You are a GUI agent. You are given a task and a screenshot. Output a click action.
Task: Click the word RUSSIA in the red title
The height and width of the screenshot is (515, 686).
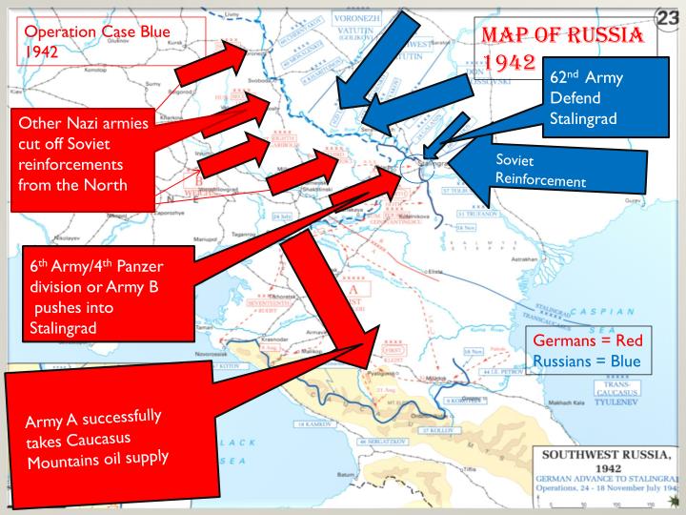601,36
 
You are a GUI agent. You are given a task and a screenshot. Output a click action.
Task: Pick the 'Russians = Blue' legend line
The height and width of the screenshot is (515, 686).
587,361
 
